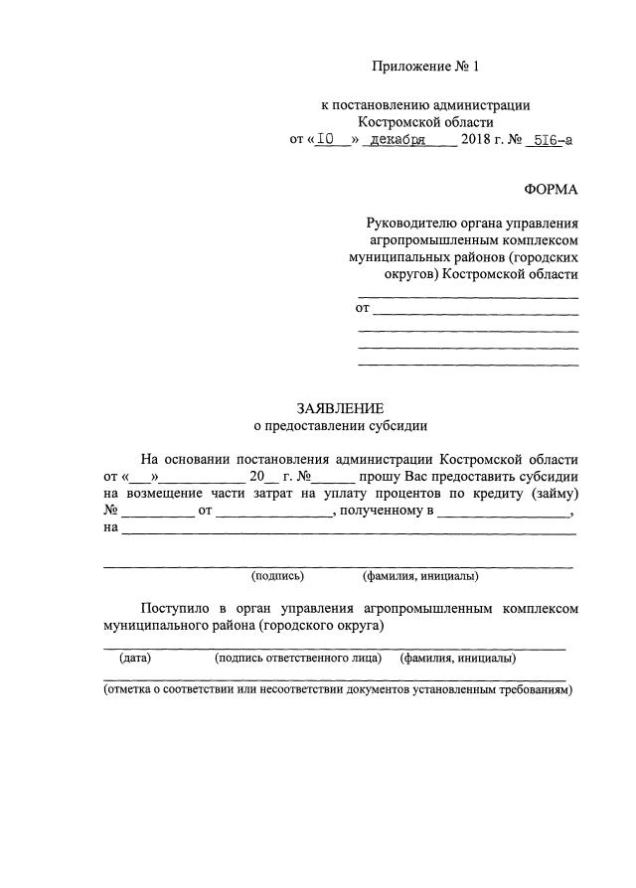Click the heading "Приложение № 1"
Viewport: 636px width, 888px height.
[x=424, y=67]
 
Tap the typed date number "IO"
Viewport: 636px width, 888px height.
[x=329, y=140]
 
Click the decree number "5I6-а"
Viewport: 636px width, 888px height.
[x=551, y=140]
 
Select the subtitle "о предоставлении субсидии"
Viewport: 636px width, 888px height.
[x=340, y=426]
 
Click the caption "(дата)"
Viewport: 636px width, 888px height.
[x=135, y=658]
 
